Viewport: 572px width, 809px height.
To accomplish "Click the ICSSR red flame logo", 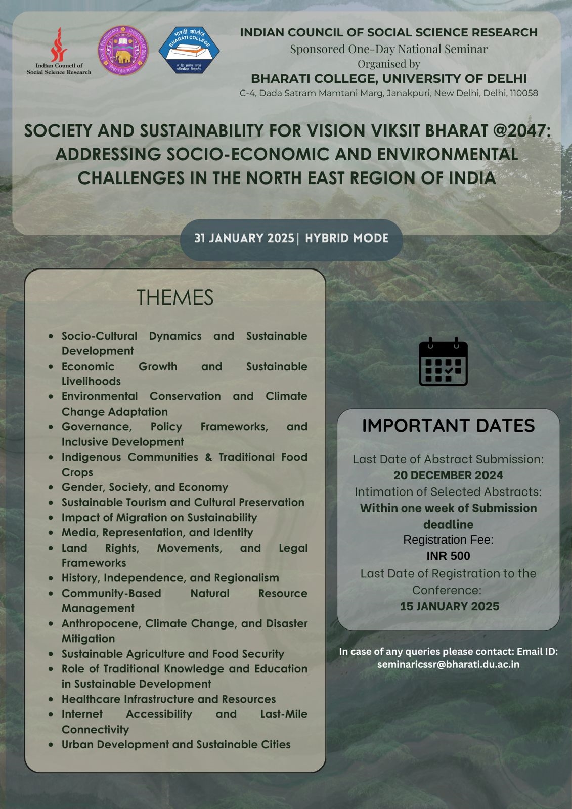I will [59, 44].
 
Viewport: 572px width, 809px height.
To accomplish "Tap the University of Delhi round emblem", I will [123, 51].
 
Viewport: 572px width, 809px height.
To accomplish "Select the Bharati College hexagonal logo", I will [189, 50].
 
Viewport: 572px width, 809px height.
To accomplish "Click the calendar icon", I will [443, 362].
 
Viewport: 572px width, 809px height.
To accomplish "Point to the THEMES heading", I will [175, 297].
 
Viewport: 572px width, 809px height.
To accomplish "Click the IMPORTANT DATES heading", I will [448, 426].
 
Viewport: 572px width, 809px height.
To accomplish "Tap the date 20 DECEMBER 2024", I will [448, 475].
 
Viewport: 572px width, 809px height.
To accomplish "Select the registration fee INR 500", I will [448, 556].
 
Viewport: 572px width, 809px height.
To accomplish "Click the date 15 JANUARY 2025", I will [449, 606].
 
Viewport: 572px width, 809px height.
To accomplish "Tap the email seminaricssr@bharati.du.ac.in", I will [448, 664].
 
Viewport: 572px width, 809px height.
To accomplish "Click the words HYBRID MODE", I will [346, 238].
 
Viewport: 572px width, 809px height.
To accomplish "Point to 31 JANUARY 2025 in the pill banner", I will [244, 238].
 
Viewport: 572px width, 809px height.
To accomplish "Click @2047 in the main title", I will [521, 131].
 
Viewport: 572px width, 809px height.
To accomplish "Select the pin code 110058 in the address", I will [523, 93].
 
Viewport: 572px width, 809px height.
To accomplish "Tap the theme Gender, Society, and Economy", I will [145, 487].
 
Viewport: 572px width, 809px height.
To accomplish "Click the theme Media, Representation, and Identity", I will [157, 532].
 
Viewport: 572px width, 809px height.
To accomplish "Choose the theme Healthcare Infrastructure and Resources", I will [168, 699].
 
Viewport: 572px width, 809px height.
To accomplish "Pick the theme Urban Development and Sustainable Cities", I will [176, 744].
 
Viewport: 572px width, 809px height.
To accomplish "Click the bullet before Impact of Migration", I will [51, 518].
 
